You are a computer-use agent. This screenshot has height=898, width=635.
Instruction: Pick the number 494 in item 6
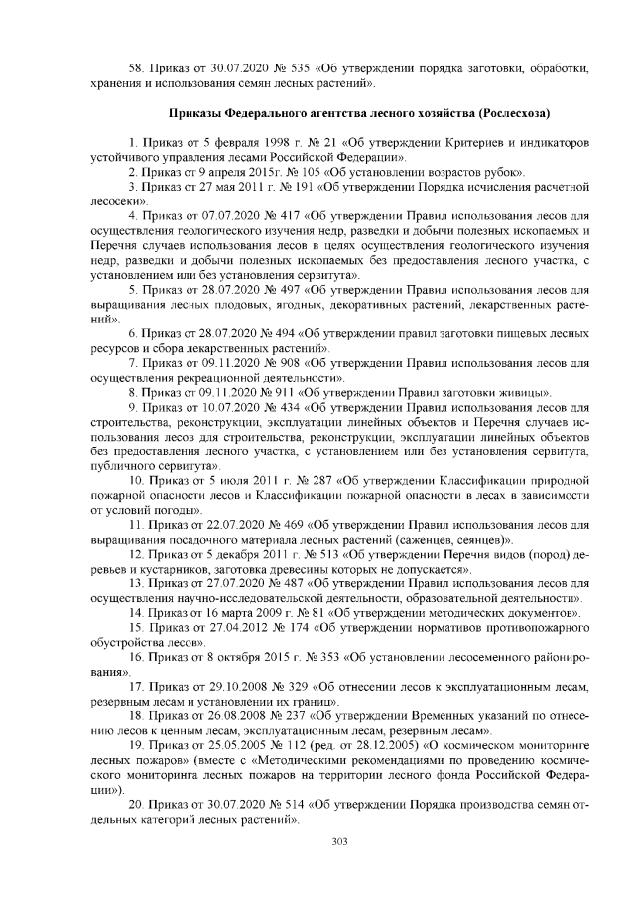[279, 337]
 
